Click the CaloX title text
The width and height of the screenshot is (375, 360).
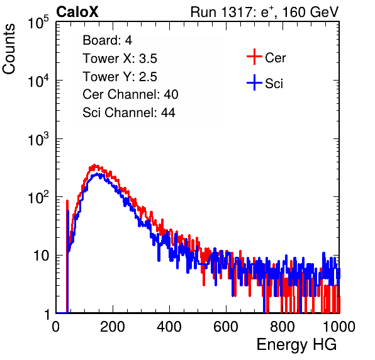click(x=77, y=12)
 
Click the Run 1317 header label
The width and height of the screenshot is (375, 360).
click(x=264, y=12)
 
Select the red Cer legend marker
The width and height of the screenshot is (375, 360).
click(x=254, y=57)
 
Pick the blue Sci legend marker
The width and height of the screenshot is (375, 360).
click(x=254, y=82)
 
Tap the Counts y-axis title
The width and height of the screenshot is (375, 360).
click(x=9, y=49)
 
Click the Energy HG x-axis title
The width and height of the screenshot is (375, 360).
click(x=296, y=345)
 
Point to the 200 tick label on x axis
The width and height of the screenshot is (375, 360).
click(x=113, y=327)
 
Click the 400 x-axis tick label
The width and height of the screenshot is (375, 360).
click(x=169, y=327)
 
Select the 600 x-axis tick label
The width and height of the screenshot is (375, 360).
click(x=226, y=327)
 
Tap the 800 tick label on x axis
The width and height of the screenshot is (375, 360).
click(x=283, y=327)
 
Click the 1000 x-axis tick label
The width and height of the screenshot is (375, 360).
click(x=339, y=327)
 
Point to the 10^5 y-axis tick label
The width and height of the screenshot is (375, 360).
click(x=38, y=23)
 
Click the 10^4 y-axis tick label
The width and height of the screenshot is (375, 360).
click(x=38, y=81)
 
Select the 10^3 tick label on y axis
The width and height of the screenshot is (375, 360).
click(x=38, y=139)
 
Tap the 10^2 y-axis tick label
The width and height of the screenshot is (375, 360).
click(x=38, y=198)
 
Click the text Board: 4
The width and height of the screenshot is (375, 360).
click(x=108, y=40)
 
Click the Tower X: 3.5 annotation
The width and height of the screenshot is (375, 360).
click(x=120, y=59)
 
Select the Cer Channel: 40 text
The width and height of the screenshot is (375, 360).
click(x=130, y=94)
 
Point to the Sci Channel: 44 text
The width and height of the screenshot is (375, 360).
click(x=129, y=113)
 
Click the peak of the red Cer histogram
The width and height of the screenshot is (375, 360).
click(x=94, y=165)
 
